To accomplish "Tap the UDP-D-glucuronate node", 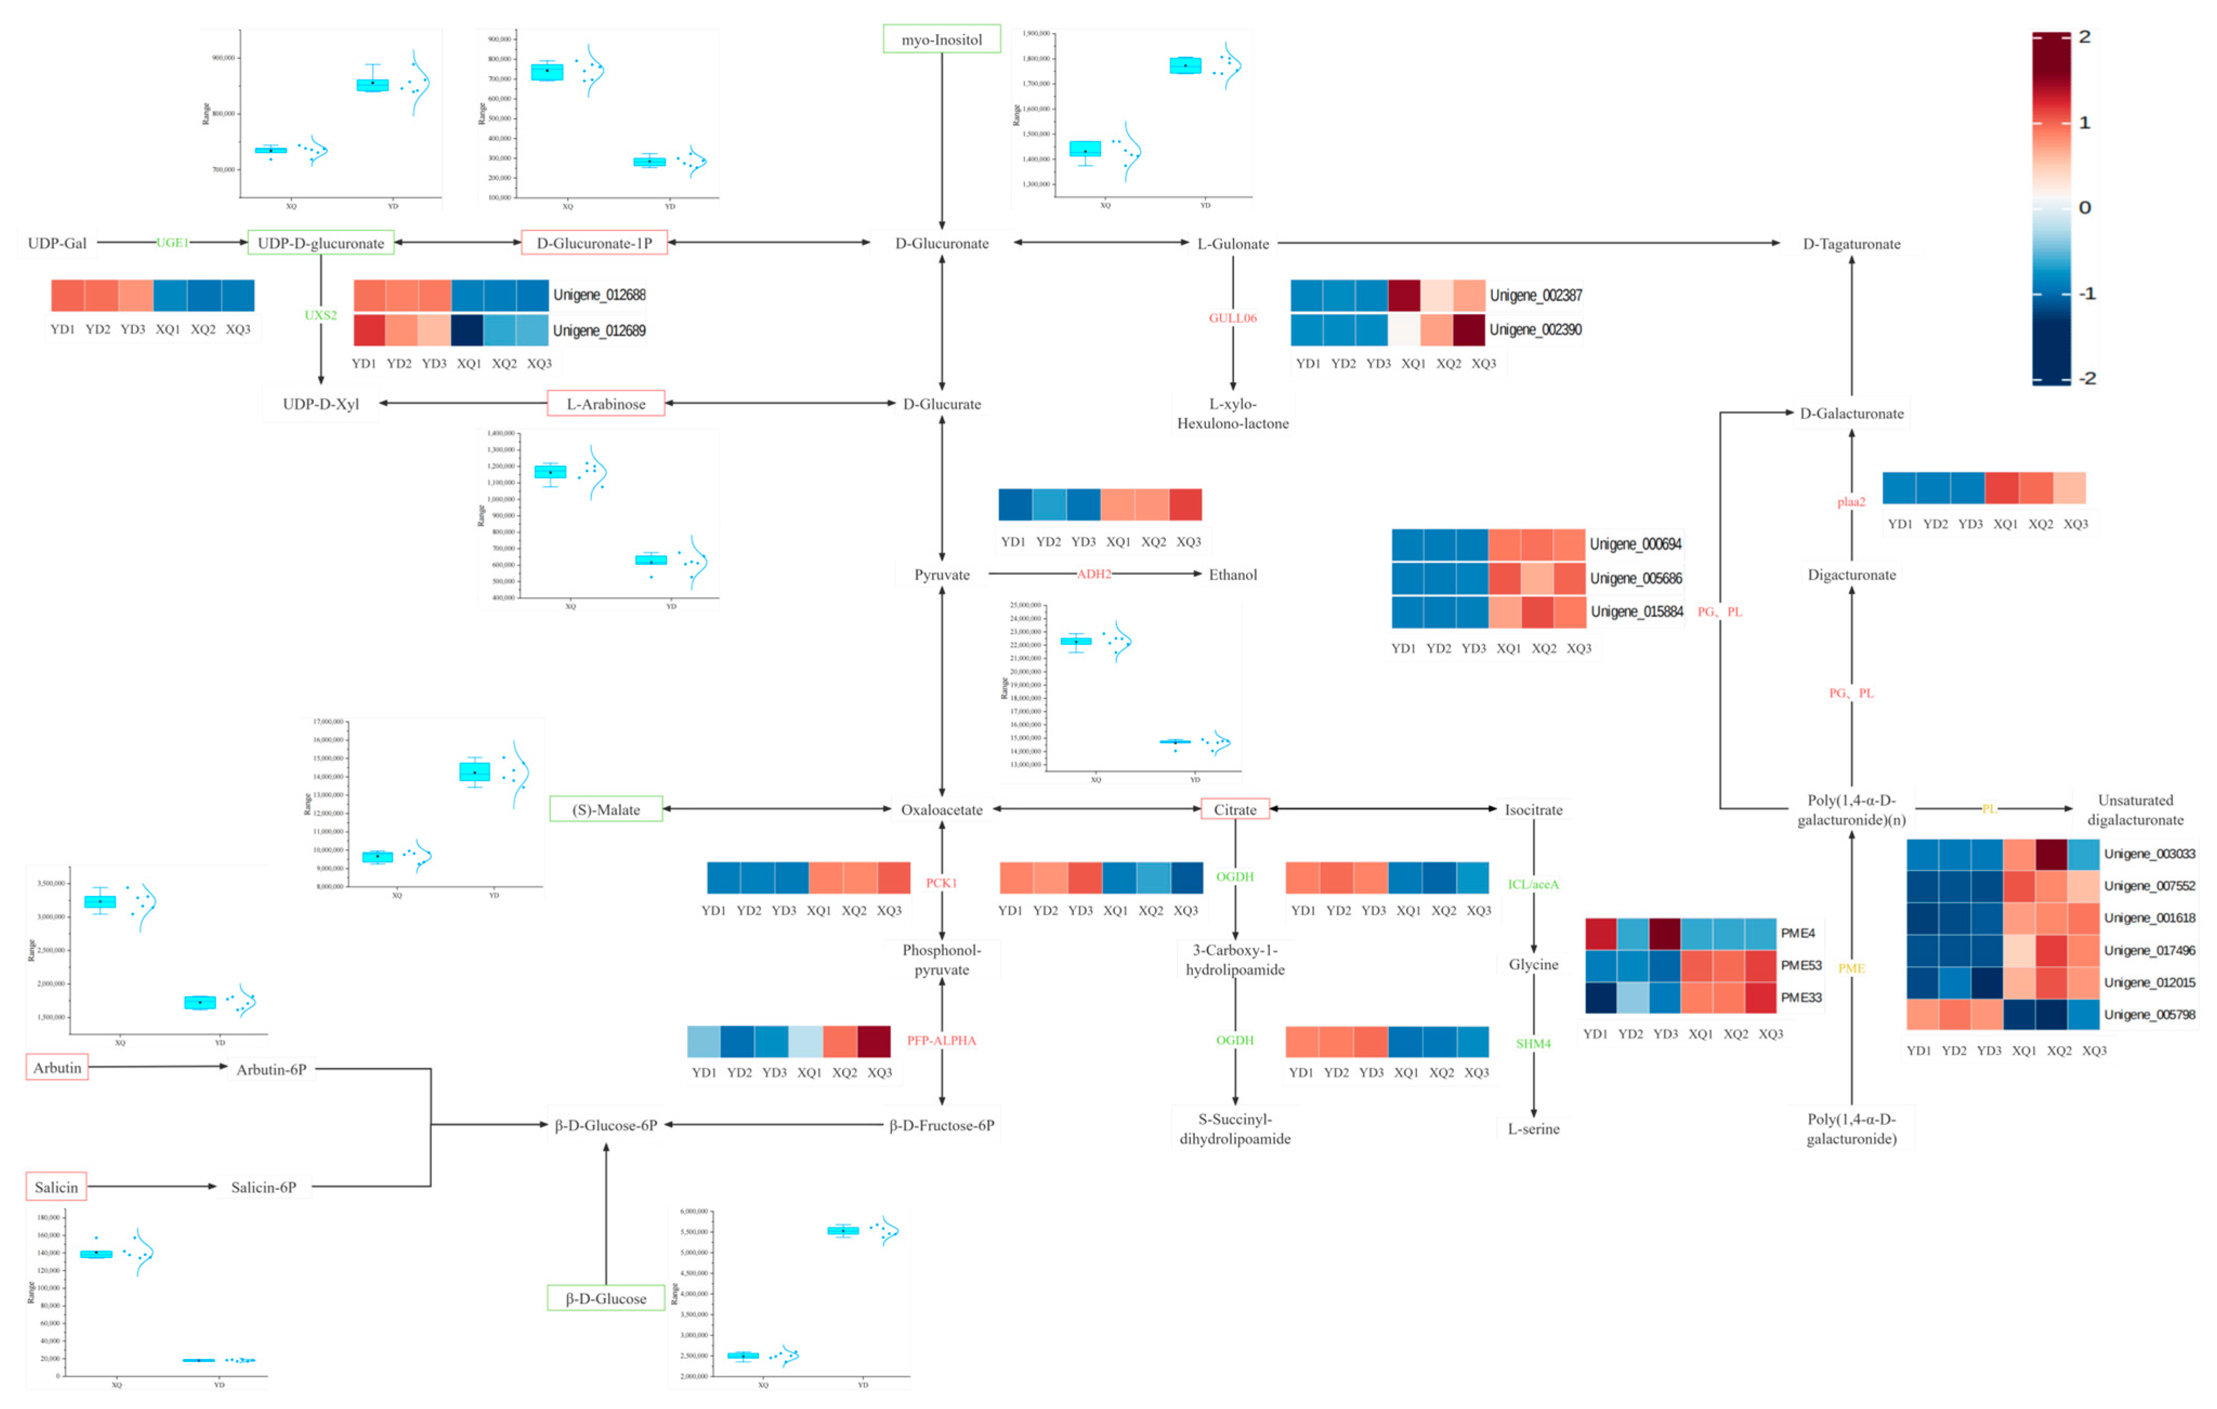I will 320,243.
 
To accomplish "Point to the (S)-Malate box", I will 606,810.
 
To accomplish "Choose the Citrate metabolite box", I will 1235,810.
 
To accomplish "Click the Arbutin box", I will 57,1068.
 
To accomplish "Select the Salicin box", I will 56,1187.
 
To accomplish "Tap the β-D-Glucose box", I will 606,1299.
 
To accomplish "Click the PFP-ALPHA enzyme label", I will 941,1041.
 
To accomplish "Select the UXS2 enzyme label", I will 320,315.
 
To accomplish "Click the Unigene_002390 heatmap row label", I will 1535,329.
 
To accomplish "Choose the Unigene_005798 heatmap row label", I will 2149,1014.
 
